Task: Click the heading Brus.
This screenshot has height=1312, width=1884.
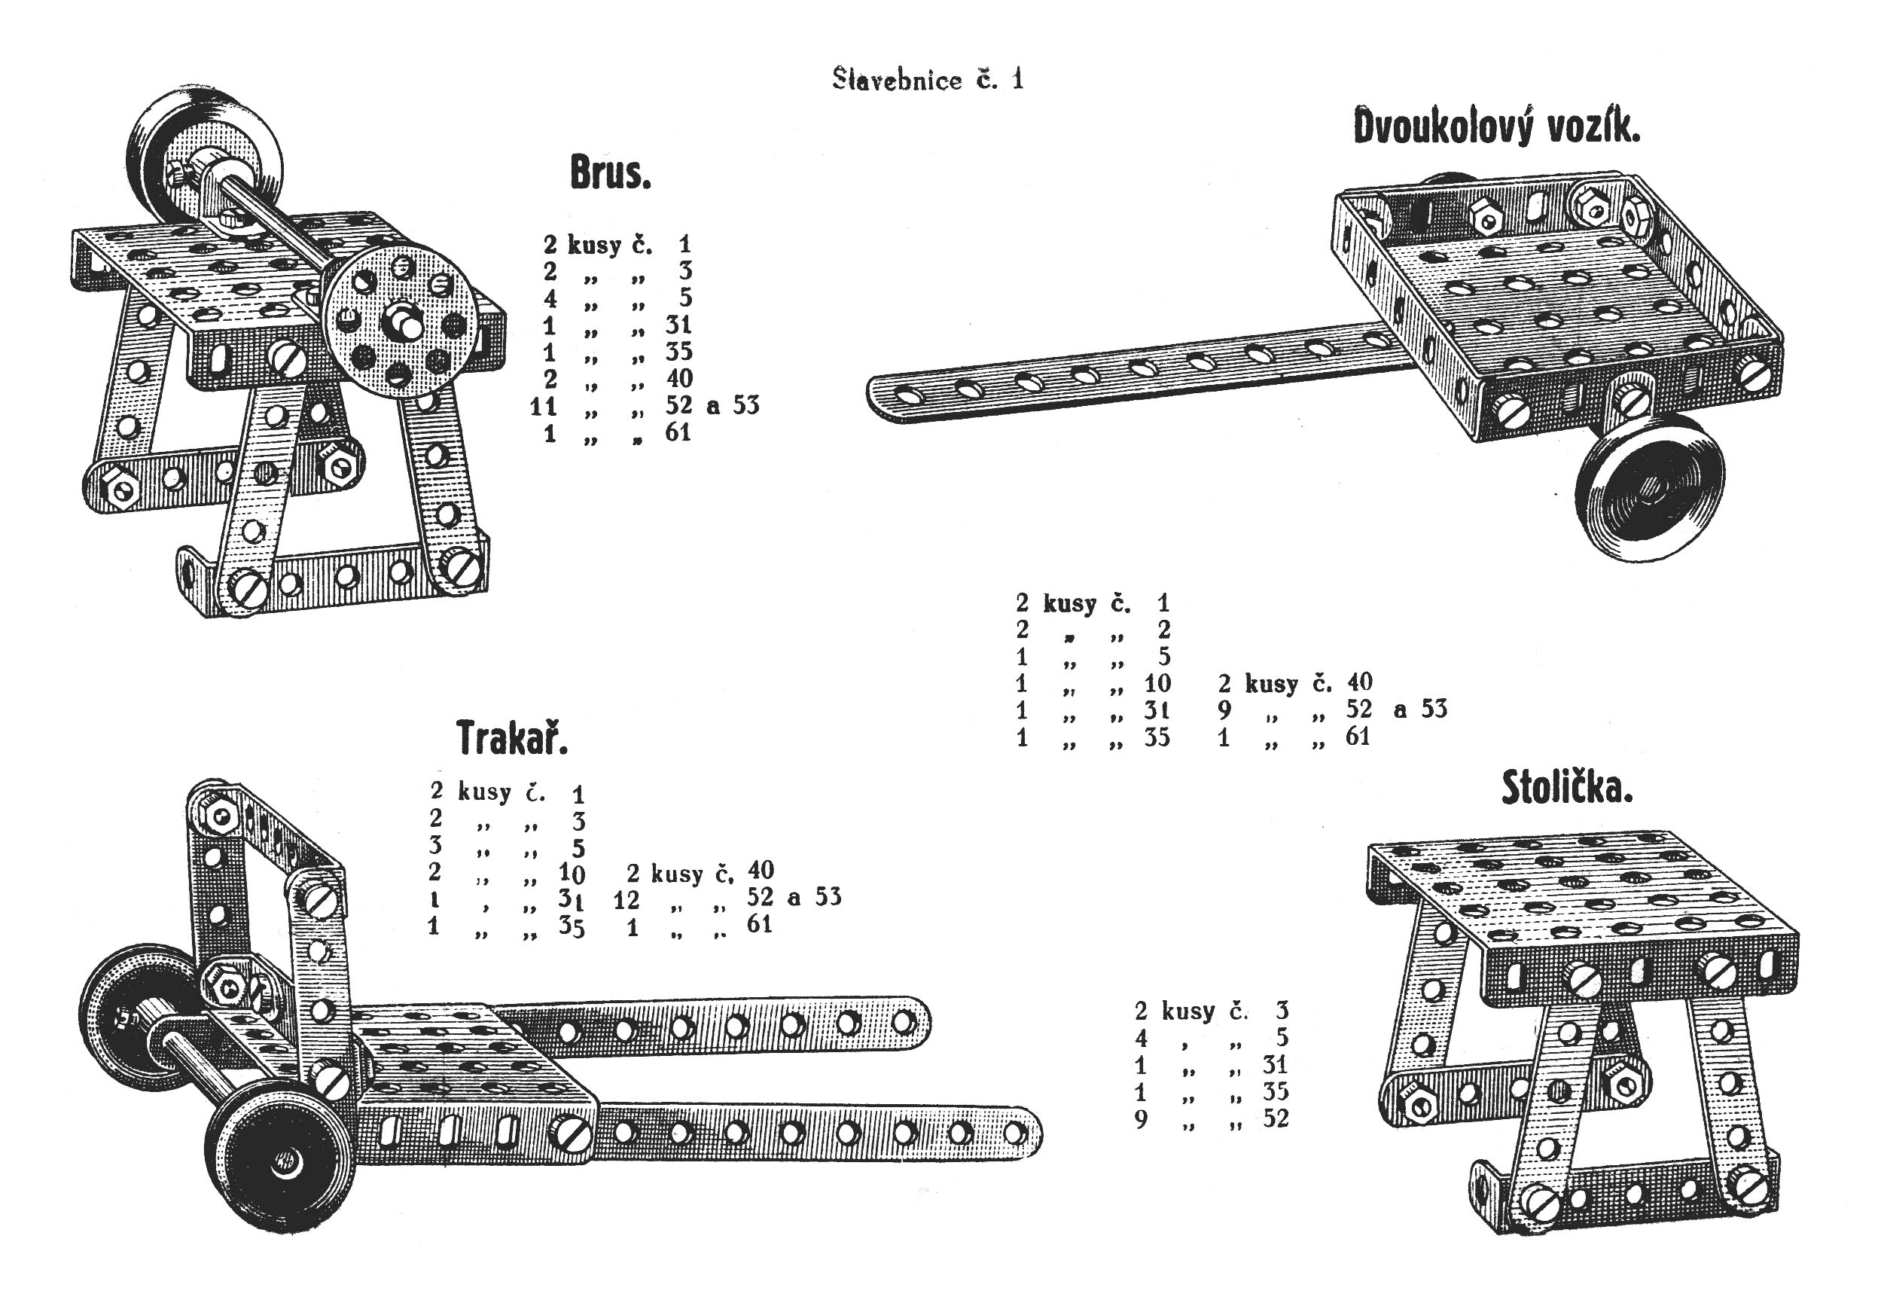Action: click(610, 173)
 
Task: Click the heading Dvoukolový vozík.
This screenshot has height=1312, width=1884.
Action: click(1496, 128)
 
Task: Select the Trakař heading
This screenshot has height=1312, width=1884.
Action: click(511, 737)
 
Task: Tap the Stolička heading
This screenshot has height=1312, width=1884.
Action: click(1566, 789)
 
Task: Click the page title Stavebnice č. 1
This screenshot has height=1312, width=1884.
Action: click(927, 80)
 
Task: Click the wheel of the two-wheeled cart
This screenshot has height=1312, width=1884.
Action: click(1649, 497)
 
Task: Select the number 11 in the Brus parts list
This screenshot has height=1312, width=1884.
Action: click(543, 405)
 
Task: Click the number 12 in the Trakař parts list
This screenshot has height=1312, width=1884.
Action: click(625, 900)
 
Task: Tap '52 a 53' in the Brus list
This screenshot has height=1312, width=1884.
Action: click(712, 404)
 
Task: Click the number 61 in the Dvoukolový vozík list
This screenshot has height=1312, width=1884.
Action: click(1357, 736)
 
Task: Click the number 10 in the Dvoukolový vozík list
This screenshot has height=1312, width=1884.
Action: click(1157, 682)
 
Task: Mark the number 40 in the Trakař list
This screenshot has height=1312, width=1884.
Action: click(761, 870)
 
